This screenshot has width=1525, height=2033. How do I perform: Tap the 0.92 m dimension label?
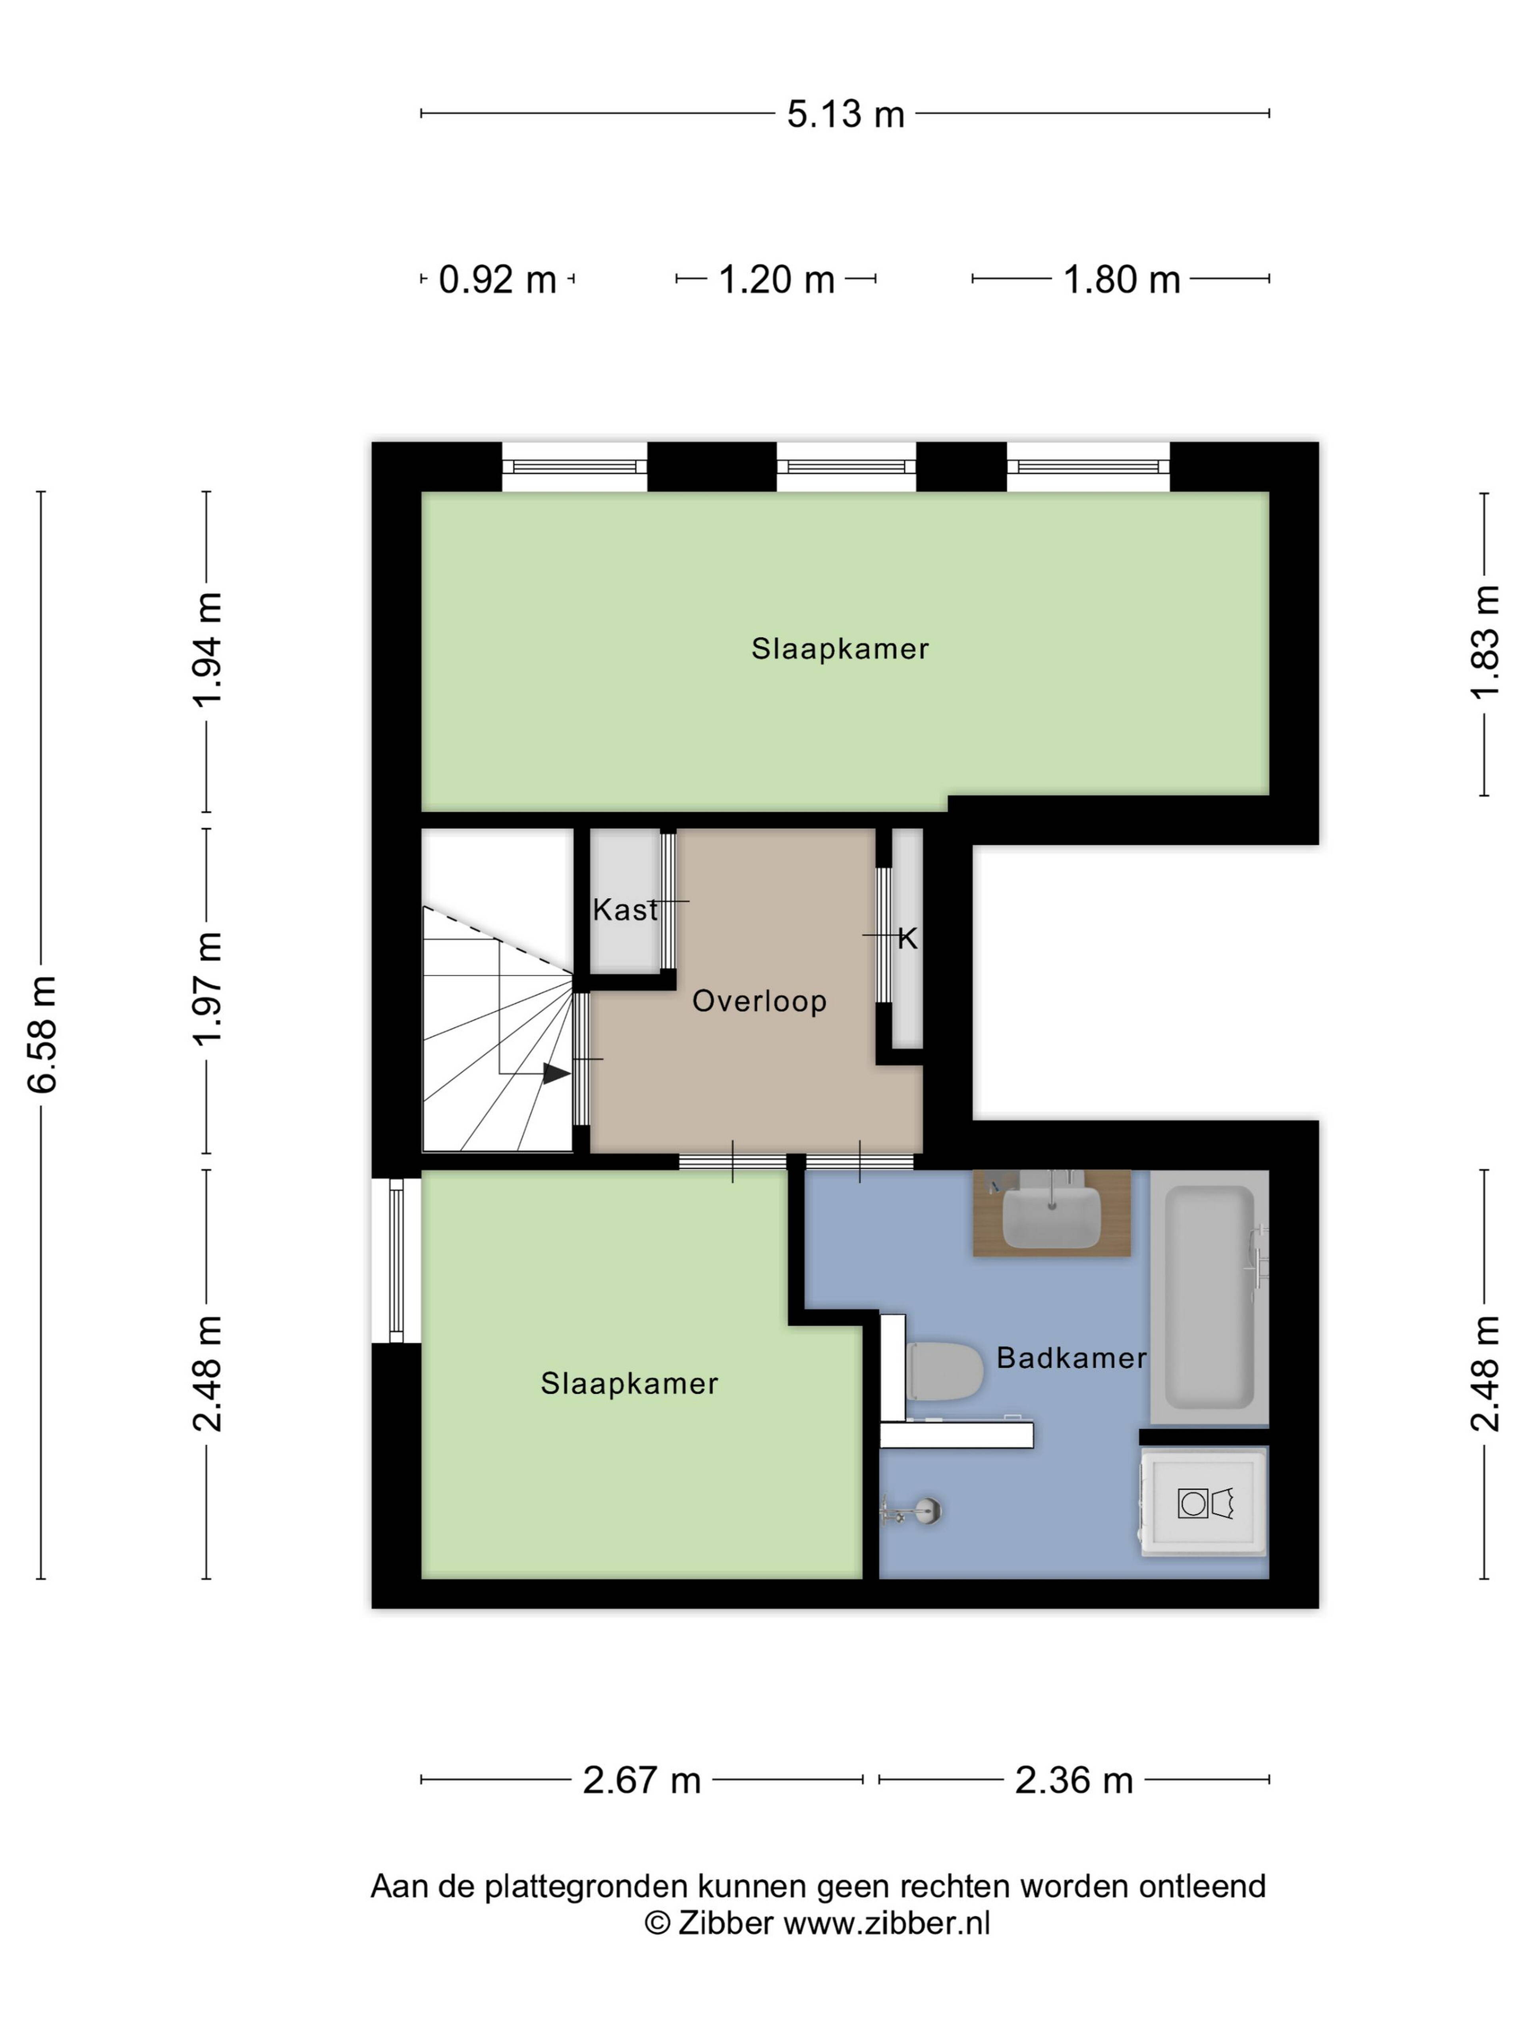497,280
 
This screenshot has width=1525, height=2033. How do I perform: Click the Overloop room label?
759,1001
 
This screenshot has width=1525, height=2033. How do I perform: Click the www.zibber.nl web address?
886,1923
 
